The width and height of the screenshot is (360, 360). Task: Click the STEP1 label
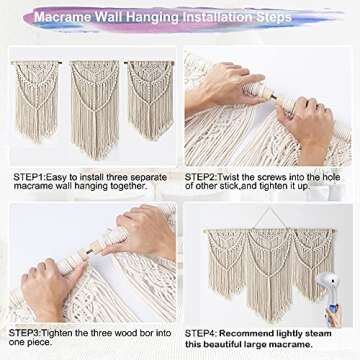tap(28, 177)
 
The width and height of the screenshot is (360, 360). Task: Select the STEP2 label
tap(201, 177)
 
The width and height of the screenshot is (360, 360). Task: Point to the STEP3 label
tap(24, 333)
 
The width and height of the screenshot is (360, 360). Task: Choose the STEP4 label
tap(201, 334)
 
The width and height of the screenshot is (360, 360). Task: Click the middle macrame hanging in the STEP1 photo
tap(95, 109)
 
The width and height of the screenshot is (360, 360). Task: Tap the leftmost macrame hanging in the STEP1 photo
tap(36, 100)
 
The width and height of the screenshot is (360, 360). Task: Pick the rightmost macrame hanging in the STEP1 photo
tap(151, 99)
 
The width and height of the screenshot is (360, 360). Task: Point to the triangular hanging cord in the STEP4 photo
tap(269, 218)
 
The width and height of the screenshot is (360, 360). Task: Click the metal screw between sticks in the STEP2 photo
tap(273, 97)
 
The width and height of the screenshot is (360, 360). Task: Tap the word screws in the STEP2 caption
tap(265, 177)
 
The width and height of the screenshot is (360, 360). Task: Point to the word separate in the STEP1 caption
tap(148, 178)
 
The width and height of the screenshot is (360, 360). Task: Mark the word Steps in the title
tap(275, 18)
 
